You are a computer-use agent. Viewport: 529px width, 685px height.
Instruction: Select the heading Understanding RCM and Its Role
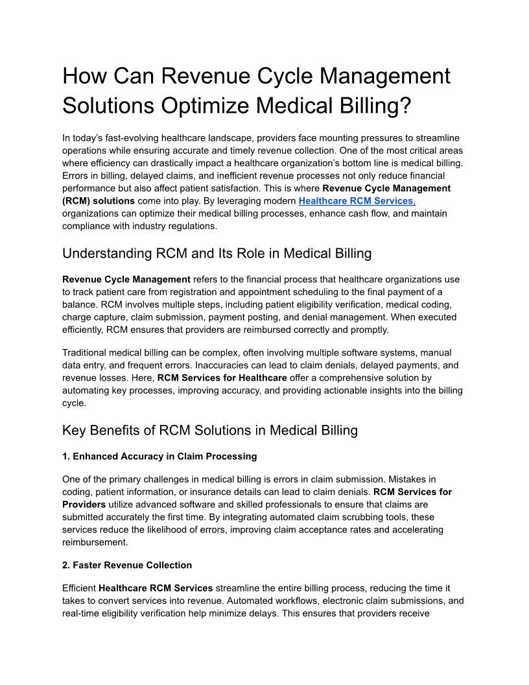(217, 253)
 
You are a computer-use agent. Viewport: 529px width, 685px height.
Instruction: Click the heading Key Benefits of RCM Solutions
(209, 430)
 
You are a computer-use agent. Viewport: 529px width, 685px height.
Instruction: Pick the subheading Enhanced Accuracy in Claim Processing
(159, 457)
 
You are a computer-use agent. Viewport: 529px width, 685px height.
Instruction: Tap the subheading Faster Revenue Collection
(127, 565)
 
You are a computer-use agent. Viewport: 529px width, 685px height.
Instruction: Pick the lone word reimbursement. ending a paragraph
(95, 542)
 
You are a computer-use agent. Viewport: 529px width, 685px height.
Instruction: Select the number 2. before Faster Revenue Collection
(66, 565)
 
